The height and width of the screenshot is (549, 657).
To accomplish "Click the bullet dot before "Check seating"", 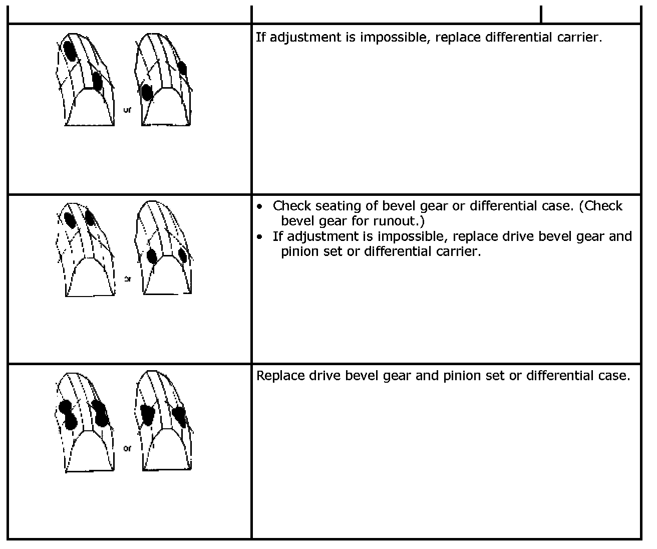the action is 259,206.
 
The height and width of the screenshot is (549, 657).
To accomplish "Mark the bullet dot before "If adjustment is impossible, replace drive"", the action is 259,236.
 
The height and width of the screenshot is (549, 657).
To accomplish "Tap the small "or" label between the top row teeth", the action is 127,110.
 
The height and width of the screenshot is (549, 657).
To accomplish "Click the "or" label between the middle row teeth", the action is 127,279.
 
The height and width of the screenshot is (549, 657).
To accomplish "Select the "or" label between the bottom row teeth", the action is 127,448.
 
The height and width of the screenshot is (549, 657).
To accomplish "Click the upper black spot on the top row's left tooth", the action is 70,51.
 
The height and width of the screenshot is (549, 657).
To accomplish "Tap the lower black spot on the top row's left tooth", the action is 97,81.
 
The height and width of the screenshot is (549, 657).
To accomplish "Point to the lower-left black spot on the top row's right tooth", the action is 147,93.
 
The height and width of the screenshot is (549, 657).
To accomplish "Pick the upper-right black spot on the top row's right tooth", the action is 182,68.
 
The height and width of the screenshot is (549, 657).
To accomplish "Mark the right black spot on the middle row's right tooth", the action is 182,255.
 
